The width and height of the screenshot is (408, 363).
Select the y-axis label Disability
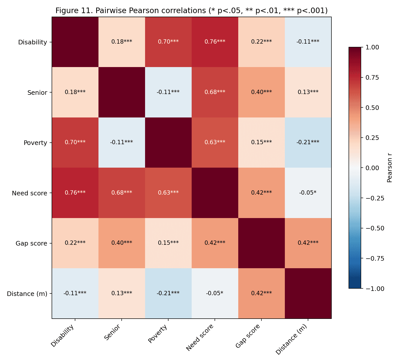coord(32,42)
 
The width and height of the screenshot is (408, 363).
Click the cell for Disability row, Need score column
coord(215,42)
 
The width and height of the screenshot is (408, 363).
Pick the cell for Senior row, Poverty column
coord(168,92)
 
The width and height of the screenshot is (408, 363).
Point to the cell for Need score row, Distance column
coord(308,193)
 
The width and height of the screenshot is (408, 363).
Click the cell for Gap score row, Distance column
coord(308,243)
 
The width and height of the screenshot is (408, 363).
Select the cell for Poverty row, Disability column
coord(75,142)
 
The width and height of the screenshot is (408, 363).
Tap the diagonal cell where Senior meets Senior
coord(122,92)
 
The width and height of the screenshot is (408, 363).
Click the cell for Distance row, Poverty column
coord(168,293)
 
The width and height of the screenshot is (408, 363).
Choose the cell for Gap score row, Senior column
coord(122,243)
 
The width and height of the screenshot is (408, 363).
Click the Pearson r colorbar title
coord(389,168)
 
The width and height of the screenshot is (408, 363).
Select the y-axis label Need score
coord(29,193)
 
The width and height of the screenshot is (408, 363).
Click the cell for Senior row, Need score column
coord(215,92)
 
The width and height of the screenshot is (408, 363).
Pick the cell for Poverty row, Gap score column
coord(261,142)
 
